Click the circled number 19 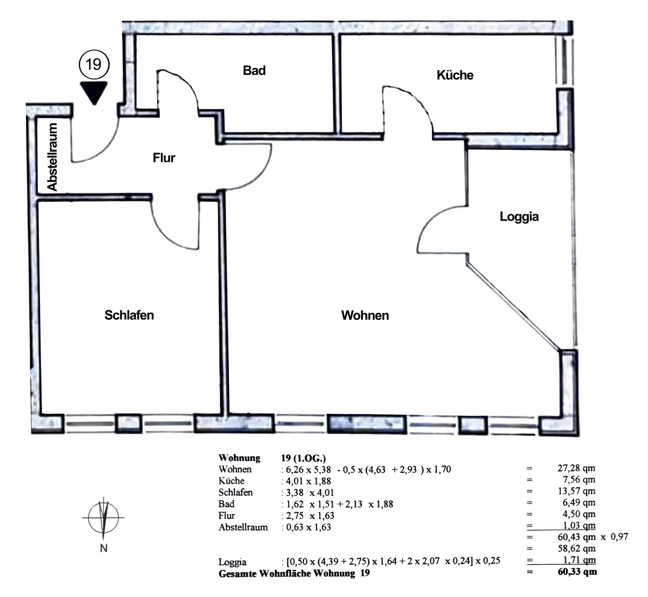coord(94,64)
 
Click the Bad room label coord(254,70)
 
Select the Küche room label coord(455,75)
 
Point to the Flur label coord(164,158)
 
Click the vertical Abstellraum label coord(52,157)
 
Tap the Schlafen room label coord(129,315)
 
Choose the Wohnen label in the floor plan coord(365,315)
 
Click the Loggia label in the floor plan coord(519,217)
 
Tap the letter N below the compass coord(104,548)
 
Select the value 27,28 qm coord(576,468)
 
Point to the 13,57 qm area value coord(576,491)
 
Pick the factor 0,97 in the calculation coord(619,537)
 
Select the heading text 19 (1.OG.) coord(303,458)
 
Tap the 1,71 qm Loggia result coord(579,560)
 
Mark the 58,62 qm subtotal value coord(577,548)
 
